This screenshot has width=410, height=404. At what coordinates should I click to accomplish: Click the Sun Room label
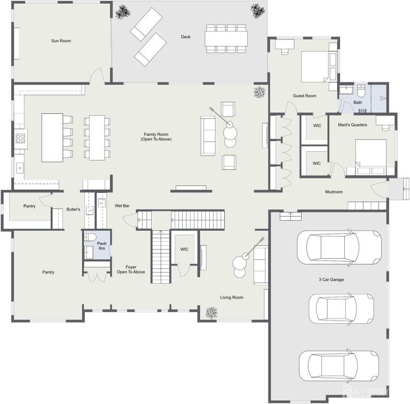pyautogui.click(x=61, y=41)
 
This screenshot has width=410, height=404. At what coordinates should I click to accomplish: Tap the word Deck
pyautogui.click(x=185, y=37)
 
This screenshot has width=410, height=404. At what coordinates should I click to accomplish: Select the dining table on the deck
pyautogui.click(x=226, y=38)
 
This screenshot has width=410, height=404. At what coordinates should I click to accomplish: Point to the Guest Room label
pyautogui.click(x=304, y=96)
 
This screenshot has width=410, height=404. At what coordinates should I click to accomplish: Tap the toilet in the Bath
pyautogui.click(x=361, y=89)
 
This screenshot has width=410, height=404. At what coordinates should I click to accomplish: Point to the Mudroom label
pyautogui.click(x=334, y=192)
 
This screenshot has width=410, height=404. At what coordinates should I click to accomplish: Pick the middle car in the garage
pyautogui.click(x=341, y=308)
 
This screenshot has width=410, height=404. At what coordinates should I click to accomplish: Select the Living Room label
pyautogui.click(x=232, y=298)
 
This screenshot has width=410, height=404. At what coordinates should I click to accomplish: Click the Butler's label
pyautogui.click(x=73, y=209)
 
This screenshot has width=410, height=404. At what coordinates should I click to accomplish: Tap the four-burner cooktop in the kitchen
pyautogui.click(x=20, y=139)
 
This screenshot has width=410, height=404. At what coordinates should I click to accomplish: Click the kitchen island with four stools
pyautogui.click(x=52, y=137)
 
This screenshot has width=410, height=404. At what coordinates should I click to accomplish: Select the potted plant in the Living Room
pyautogui.click(x=212, y=313)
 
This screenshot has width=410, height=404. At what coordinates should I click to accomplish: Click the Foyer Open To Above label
pyautogui.click(x=131, y=269)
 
